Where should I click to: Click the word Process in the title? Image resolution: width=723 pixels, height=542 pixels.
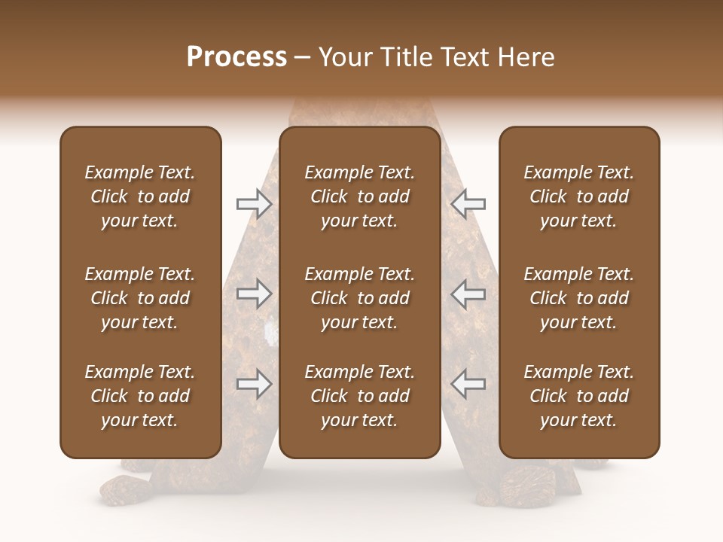[236, 57]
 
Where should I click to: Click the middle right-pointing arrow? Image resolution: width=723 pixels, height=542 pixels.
[254, 294]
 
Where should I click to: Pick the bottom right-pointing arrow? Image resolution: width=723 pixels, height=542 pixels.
[254, 384]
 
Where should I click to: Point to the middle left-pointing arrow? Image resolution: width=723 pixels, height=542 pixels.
[468, 294]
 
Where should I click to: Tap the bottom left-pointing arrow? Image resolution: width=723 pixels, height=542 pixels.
[468, 384]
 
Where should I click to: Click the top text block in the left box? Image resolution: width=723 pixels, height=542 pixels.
[140, 196]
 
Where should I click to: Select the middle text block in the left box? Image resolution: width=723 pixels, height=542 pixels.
[140, 298]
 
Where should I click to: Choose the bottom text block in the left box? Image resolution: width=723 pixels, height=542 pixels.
[140, 396]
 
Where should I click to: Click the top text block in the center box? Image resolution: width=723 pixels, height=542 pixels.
[359, 196]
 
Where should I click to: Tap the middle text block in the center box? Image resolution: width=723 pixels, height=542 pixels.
[359, 298]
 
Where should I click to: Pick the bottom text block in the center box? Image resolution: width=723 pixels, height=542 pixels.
[359, 396]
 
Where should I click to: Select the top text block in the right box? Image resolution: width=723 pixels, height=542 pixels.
[578, 196]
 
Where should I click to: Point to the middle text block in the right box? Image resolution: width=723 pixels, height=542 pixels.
[578, 298]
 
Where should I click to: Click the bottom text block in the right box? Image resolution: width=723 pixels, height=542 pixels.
[578, 396]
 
